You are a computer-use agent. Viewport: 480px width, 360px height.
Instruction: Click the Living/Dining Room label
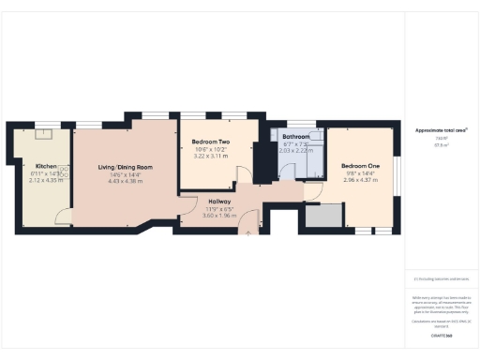coord(126,168)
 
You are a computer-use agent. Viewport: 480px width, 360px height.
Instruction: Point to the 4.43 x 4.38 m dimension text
coord(126,181)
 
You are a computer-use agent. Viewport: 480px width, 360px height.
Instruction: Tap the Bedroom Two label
coord(211,142)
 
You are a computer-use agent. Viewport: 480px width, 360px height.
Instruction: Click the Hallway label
coord(218,201)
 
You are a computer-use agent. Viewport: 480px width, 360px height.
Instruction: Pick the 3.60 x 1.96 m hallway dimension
coord(218,215)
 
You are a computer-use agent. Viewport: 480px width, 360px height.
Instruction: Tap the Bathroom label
coord(296,137)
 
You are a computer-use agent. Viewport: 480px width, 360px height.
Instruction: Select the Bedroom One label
coord(361,165)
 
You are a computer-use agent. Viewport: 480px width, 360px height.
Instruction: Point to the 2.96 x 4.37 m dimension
coord(361,178)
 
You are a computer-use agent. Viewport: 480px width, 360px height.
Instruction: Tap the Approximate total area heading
coord(441,130)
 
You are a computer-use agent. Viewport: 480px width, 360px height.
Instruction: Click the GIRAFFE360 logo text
coord(441,335)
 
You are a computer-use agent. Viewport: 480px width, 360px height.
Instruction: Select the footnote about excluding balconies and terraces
coord(441,277)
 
